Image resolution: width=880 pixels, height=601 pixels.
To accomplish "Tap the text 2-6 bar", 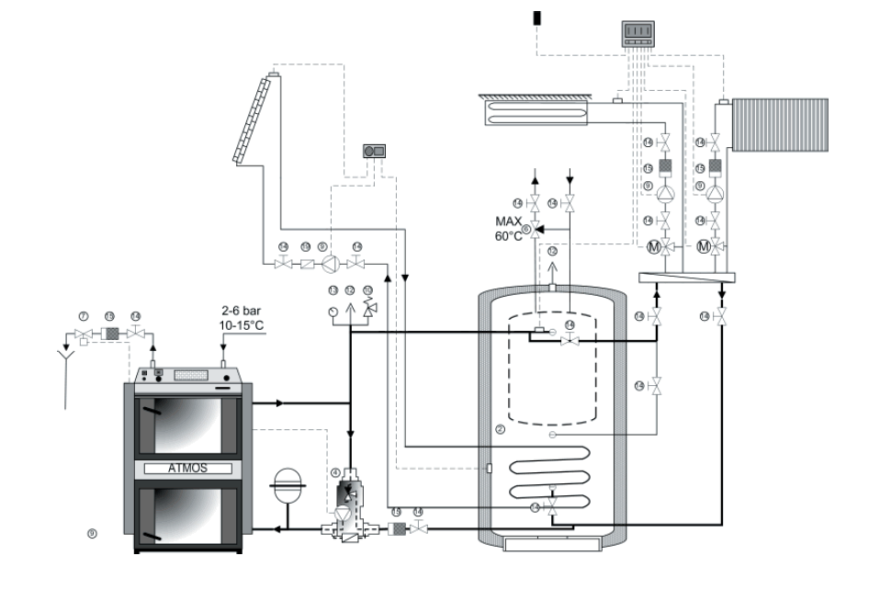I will [x=241, y=311].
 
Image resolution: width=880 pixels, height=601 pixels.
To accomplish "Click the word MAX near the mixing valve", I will [x=508, y=221].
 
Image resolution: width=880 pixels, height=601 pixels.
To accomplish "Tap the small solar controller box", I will [x=375, y=149].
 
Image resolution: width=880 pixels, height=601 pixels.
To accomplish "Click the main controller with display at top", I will [x=638, y=34].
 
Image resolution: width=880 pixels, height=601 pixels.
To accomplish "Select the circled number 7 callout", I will [x=83, y=315].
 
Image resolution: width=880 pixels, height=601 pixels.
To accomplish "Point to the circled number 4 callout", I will [x=336, y=472].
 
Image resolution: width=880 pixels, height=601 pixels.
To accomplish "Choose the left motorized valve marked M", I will [x=654, y=246].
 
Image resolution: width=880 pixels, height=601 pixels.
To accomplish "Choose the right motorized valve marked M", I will [x=705, y=246].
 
